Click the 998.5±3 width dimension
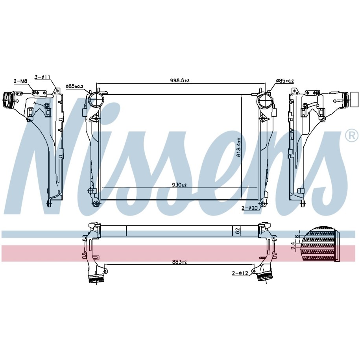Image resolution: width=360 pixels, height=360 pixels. click(x=180, y=81)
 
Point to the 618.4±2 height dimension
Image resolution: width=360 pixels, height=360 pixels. click(x=238, y=147)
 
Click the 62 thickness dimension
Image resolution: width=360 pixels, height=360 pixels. click(x=238, y=231)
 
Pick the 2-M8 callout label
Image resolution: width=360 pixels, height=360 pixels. click(x=20, y=81)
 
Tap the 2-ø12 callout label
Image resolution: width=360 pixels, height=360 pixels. click(x=240, y=273)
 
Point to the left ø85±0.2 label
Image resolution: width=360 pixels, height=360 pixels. click(x=74, y=86)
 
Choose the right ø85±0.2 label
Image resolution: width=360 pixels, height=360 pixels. click(x=285, y=81)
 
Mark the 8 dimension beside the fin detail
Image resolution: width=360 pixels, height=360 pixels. click(x=297, y=236)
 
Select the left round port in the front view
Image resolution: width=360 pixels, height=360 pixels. click(x=96, y=100)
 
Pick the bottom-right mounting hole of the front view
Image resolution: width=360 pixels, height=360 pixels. click(x=262, y=203)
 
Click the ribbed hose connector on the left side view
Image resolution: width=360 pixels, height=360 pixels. click(x=7, y=100)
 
